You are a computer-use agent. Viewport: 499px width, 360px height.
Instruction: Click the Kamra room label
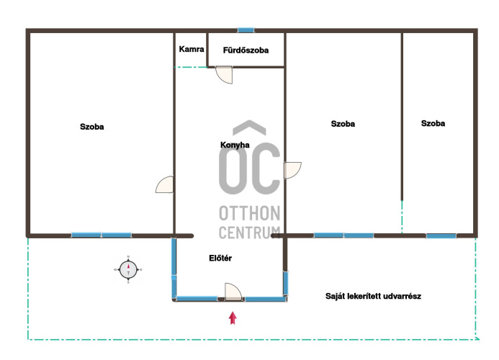tap(192, 49)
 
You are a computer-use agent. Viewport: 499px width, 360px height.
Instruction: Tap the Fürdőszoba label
tap(246, 50)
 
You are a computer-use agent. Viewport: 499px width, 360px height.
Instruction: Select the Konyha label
tap(235, 145)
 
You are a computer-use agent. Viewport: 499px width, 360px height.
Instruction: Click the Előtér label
tap(220, 258)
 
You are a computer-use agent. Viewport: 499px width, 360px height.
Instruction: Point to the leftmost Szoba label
tap(92, 127)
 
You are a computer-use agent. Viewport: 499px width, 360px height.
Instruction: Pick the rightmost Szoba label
tap(433, 124)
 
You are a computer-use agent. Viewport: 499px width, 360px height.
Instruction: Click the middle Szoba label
tap(343, 124)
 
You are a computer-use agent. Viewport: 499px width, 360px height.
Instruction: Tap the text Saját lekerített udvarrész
tap(373, 297)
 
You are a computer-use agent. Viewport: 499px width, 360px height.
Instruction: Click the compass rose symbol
tap(128, 269)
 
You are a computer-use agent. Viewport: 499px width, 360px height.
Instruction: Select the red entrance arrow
tap(233, 318)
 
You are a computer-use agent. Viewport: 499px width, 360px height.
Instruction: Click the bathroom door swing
tap(225, 75)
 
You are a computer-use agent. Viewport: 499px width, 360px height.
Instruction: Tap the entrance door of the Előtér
tap(233, 292)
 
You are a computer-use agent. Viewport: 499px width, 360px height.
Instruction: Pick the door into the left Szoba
tap(165, 184)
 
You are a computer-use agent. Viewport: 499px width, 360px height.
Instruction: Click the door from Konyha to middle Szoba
tap(292, 171)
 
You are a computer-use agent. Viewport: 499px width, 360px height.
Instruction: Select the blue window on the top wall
tap(246, 30)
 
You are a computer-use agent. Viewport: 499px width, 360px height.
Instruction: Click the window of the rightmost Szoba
tap(441, 236)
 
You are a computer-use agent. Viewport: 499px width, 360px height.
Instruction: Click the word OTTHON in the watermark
tap(249, 213)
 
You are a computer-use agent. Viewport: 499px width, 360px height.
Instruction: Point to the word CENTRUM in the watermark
tap(249, 233)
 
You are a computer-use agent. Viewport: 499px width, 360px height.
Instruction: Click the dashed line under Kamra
tap(191, 67)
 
